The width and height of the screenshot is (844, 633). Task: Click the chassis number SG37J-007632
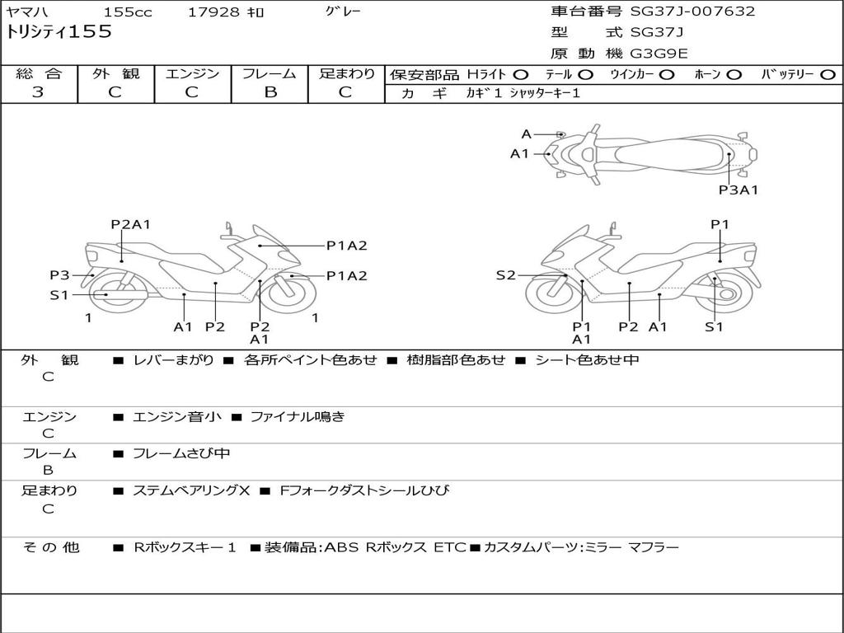point(692,12)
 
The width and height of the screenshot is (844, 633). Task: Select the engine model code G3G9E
point(659,54)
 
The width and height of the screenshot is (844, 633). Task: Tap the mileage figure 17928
point(213,12)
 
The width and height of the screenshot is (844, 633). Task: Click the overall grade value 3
point(38,92)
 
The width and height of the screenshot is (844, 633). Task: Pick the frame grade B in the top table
point(270,92)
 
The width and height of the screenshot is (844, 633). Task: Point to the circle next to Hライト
point(521,75)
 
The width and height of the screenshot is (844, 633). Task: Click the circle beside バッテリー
point(828,75)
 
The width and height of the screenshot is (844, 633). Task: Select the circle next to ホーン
point(734,75)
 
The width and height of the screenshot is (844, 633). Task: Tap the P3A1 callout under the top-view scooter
point(738,190)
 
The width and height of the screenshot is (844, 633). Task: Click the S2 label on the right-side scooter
point(505,275)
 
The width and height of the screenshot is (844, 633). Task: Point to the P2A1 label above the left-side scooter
point(130,224)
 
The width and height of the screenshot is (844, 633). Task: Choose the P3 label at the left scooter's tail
point(59,275)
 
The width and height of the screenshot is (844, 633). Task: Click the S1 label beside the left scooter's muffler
point(59,295)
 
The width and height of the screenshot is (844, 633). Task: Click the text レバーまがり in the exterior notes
point(173,359)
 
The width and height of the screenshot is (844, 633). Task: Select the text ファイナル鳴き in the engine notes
point(297,416)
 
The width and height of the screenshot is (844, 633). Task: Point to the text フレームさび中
point(181,454)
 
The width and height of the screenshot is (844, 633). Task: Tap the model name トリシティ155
point(59,32)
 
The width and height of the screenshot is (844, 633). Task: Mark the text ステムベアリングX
point(191,490)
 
